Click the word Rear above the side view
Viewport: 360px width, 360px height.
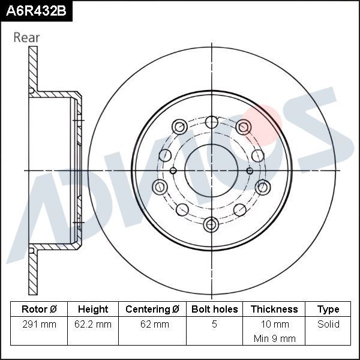point(26,37)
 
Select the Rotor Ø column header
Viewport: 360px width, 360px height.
point(38,310)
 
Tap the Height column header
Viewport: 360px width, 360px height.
point(93,310)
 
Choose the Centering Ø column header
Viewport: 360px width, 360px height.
point(152,310)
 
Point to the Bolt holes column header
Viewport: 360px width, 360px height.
point(214,310)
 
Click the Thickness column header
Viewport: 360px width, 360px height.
point(274,310)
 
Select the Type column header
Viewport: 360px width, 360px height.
point(328,310)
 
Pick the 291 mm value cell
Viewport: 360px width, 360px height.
point(38,324)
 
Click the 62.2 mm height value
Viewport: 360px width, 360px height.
point(93,324)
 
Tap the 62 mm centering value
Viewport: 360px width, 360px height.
point(152,324)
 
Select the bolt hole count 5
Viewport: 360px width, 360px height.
point(214,324)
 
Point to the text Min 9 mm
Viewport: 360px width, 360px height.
point(274,338)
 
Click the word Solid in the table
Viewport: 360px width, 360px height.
point(328,324)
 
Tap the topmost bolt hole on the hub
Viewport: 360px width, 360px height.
point(211,122)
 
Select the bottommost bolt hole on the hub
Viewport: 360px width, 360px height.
point(211,224)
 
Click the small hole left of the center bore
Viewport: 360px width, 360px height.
point(173,171)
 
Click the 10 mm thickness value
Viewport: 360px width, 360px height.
point(274,324)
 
